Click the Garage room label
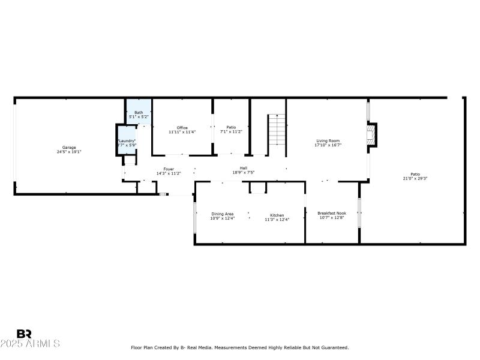point(70,147)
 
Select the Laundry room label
point(127,141)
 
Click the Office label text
point(182,128)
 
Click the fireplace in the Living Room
point(373,135)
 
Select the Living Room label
point(328,141)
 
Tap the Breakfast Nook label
point(332,213)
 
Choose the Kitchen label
point(277,215)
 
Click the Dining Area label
point(222,213)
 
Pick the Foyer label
point(169,169)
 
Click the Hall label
point(244,168)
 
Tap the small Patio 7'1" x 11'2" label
point(231,127)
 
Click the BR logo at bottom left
point(25,334)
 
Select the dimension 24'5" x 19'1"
point(70,152)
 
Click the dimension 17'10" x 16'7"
point(328,145)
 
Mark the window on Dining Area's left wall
point(194,217)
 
